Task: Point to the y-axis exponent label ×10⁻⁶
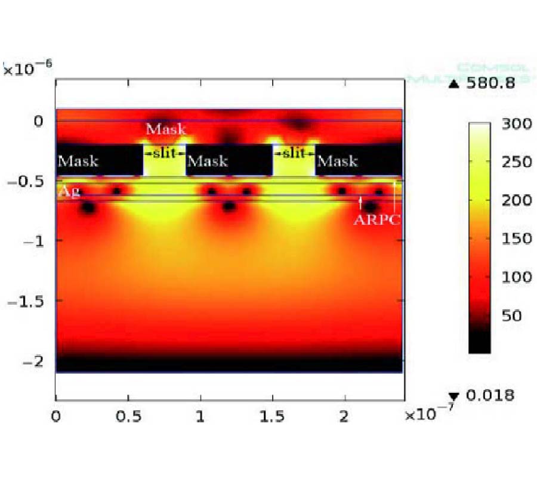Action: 27,69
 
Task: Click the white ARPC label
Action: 376,219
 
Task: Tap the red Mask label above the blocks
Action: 166,129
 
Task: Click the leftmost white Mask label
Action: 78,160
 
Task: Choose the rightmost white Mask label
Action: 337,160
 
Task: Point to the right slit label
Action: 294,153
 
